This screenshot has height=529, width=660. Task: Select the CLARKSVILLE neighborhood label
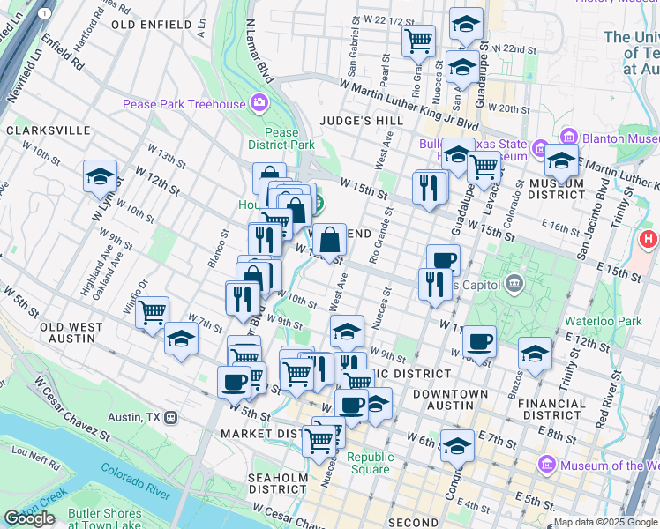point(48,130)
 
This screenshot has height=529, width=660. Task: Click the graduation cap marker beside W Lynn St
point(101,176)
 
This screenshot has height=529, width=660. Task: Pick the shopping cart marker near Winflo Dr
point(153,312)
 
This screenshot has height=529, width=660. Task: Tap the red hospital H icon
point(649,239)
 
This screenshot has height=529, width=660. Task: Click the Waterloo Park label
point(606,322)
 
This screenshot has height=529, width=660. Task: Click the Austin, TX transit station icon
point(171,417)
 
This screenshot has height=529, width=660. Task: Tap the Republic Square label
point(369,463)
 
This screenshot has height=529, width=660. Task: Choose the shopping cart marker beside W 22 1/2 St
point(418,41)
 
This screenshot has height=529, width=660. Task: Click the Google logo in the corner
point(29,518)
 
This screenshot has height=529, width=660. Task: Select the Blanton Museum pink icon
point(568,138)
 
